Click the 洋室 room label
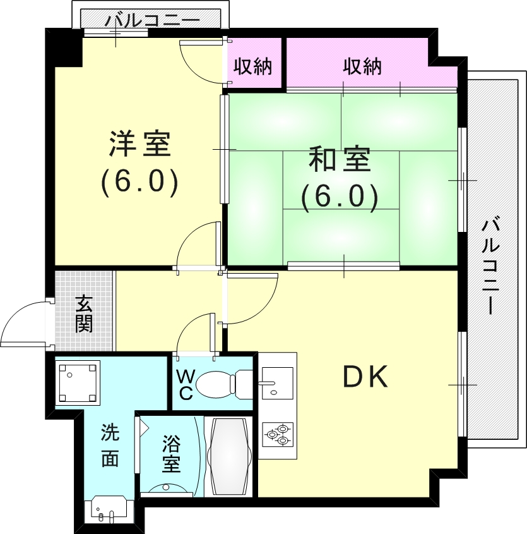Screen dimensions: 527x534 pos(140,144)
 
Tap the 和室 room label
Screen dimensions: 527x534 pos(340,159)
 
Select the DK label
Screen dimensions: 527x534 pos(365,376)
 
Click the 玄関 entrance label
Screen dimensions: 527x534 pos(84,313)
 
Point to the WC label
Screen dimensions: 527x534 pos(186,385)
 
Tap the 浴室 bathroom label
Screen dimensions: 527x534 pos(171,454)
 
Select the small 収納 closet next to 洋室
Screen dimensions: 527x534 pos(252,66)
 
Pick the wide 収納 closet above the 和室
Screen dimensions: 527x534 pos(362,66)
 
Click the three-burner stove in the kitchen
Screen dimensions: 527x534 pos(277,434)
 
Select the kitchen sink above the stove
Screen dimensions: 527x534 pos(276,383)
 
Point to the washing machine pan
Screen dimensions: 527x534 pos(78,383)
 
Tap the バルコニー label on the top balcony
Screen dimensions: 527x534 pos(152,20)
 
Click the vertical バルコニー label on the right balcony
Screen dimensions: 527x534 pos(490,267)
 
